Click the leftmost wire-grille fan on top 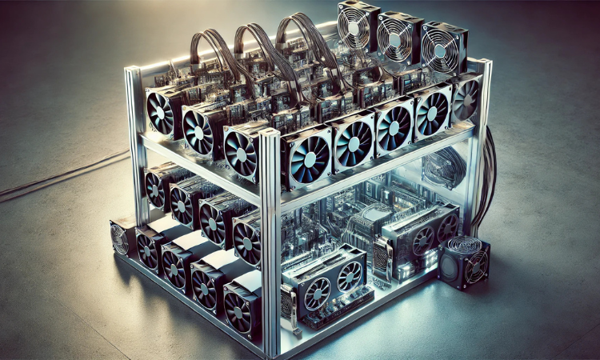[354, 27]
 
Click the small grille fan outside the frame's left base [120, 238]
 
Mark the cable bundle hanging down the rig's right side [486, 180]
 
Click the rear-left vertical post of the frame [134, 144]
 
